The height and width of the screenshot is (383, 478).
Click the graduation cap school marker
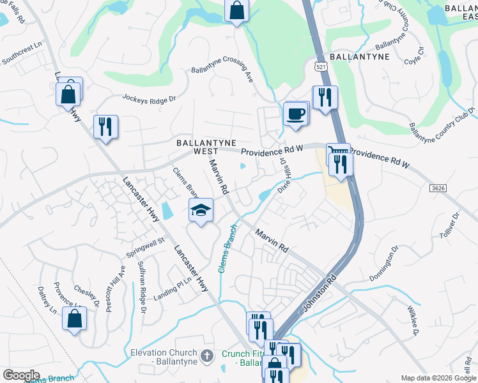pos(201,210)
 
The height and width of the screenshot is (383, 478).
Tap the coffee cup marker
pos(295,114)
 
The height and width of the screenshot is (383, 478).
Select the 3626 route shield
pos(437,188)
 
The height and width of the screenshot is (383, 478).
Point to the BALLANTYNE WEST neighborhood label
pos(206,147)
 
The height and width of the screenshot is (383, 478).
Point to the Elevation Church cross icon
pos(206,356)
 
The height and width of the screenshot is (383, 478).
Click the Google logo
pos(20,375)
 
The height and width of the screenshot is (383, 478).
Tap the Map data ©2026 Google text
pos(438,378)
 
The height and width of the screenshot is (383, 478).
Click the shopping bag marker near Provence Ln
pos(74,318)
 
